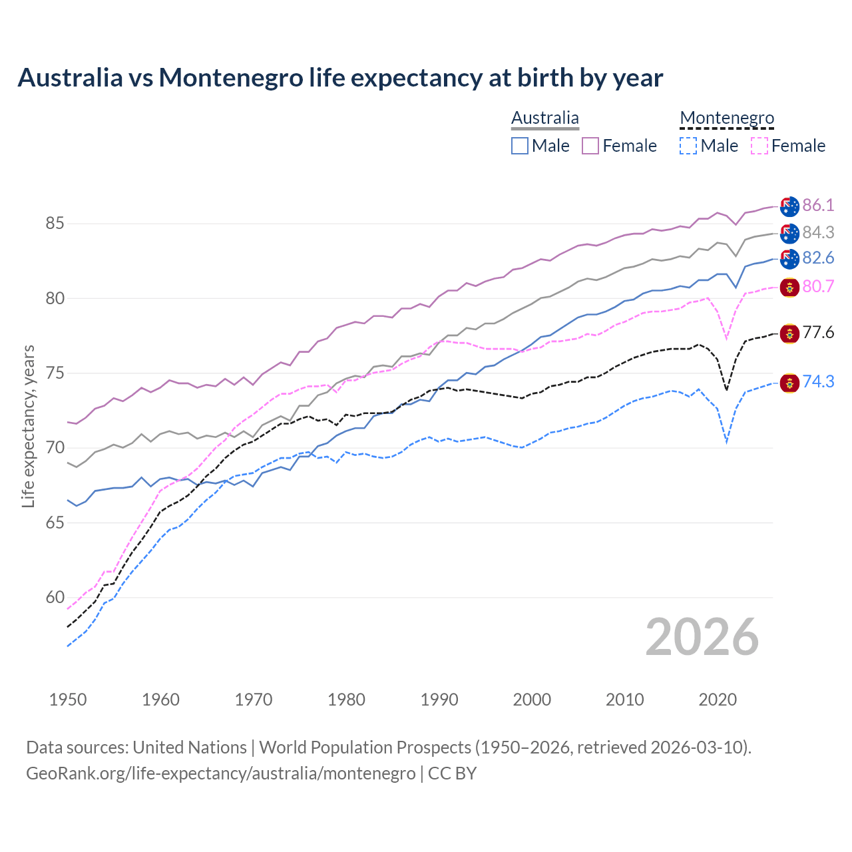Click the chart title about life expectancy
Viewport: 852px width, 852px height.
pyautogui.click(x=340, y=78)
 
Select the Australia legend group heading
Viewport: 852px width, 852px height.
pyautogui.click(x=544, y=118)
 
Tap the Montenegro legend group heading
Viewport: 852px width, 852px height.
pyautogui.click(x=727, y=118)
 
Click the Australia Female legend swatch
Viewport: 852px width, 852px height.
pyautogui.click(x=590, y=146)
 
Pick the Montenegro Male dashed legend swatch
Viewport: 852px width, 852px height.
pyautogui.click(x=688, y=146)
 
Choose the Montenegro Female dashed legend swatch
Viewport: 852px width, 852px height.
pyautogui.click(x=759, y=146)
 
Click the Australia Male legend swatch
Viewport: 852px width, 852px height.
pyautogui.click(x=520, y=146)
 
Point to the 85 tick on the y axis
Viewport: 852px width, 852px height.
pyautogui.click(x=55, y=223)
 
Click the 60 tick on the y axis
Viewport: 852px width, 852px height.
pyautogui.click(x=55, y=597)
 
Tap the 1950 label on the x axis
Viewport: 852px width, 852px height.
pyautogui.click(x=68, y=700)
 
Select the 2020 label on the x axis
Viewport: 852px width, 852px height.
pyautogui.click(x=718, y=700)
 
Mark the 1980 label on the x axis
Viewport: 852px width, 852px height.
pyautogui.click(x=346, y=700)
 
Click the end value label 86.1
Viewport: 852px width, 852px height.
pyautogui.click(x=818, y=205)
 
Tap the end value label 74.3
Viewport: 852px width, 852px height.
pyautogui.click(x=818, y=381)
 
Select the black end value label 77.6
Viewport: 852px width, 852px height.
pyautogui.click(x=818, y=332)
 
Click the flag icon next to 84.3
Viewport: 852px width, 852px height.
pyautogui.click(x=789, y=233)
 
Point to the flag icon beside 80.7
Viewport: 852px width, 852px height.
pyautogui.click(x=789, y=288)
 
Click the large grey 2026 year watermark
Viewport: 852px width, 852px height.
pyautogui.click(x=702, y=637)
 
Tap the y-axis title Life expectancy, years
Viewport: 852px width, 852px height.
pyautogui.click(x=28, y=426)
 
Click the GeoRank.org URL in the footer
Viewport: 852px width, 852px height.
pyautogui.click(x=220, y=773)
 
